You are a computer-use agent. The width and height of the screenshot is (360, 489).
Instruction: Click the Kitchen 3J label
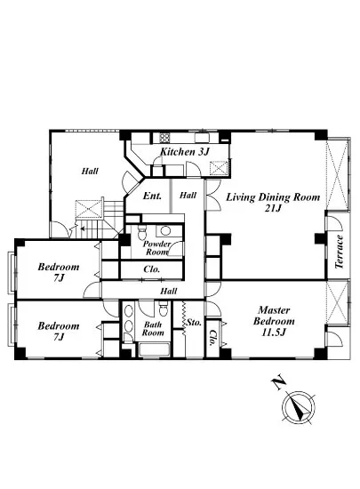tap(184, 152)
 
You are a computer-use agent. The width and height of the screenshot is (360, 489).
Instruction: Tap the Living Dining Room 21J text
tap(273, 203)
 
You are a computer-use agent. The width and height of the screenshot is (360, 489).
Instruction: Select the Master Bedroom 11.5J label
tap(274, 321)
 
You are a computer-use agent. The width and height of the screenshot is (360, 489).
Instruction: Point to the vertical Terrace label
tap(340, 252)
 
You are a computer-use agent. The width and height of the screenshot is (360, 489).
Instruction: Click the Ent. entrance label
tap(152, 196)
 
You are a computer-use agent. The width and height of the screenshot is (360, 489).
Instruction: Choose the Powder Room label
tap(156, 248)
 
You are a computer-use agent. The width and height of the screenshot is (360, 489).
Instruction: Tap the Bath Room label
tap(153, 329)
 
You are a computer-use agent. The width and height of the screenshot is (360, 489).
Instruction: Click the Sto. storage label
tap(194, 322)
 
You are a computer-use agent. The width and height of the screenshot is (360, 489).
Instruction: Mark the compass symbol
tap(299, 407)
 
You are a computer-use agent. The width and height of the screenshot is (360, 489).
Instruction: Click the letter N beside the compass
tap(278, 383)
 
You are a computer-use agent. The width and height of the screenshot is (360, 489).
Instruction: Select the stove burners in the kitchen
tap(164, 138)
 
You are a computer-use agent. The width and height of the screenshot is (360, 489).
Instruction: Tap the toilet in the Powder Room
tap(142, 232)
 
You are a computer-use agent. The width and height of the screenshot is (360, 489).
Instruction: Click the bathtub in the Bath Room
tap(154, 349)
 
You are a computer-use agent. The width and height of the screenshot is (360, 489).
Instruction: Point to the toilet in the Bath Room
tap(163, 309)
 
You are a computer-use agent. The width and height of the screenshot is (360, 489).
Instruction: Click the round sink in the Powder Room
tap(165, 231)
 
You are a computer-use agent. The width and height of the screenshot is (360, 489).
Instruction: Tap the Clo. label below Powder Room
tap(152, 269)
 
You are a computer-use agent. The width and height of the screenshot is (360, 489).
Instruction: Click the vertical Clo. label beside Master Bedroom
tap(213, 339)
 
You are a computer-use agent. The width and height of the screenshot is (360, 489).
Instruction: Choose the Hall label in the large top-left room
tap(90, 171)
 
